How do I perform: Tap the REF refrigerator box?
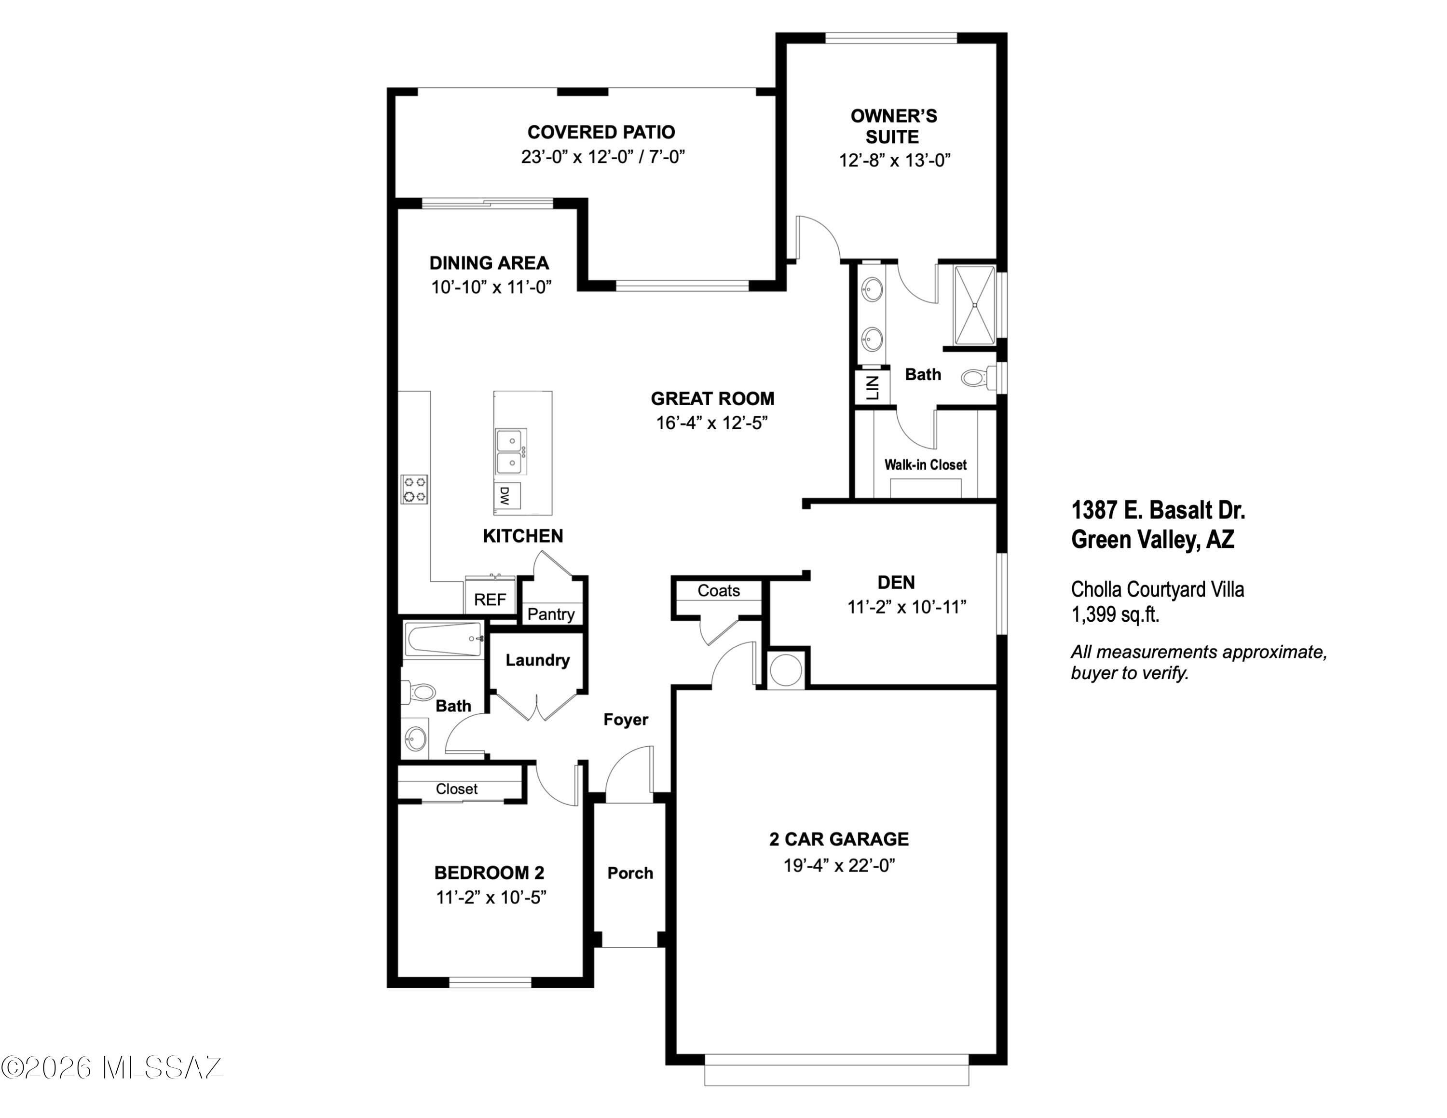tap(490, 596)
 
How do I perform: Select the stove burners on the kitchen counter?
tap(415, 489)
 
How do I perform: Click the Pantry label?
tap(550, 614)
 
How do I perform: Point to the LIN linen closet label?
tap(873, 387)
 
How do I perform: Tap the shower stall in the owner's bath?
tap(974, 305)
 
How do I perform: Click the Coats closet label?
tap(718, 590)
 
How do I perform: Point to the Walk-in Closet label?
tap(925, 465)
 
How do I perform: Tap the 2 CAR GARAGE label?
tap(839, 839)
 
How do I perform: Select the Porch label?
tap(630, 873)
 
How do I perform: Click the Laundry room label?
tap(537, 660)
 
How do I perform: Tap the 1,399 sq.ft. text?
tap(1115, 614)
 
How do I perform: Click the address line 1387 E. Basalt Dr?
tap(1158, 510)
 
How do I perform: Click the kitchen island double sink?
tap(511, 451)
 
